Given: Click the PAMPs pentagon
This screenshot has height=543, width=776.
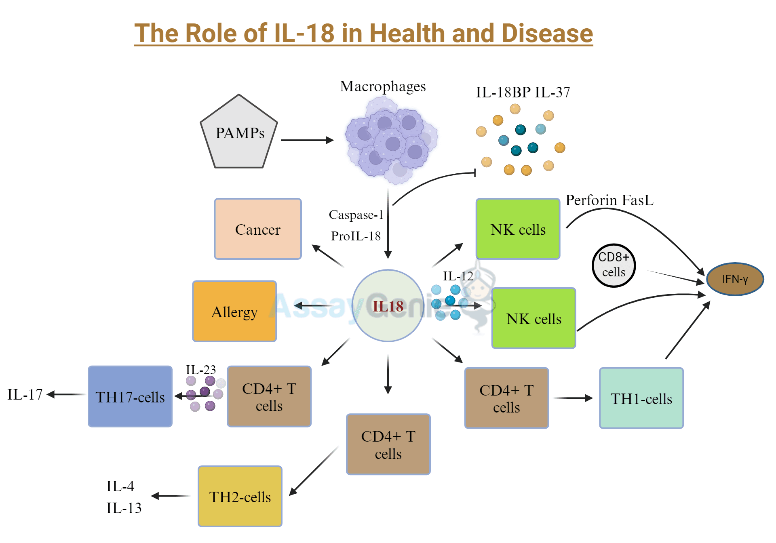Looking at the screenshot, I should coord(239,133).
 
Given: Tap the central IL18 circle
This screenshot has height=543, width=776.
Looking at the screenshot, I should coord(388,306).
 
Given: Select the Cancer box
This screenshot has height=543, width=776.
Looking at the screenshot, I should coord(258,229).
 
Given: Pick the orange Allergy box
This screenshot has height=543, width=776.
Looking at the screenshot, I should coord(234,311).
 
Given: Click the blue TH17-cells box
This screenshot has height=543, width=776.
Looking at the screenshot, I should coord(130,396).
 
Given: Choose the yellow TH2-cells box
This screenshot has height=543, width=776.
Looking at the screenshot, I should coord(240,497).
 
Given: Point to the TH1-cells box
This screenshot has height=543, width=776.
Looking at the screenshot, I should coord(641,398).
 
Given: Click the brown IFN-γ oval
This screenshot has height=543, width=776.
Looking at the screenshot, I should coord(735,279).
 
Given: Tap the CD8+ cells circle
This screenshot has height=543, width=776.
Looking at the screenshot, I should coord(614,265).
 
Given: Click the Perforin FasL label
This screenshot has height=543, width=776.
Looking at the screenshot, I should coord(609,200).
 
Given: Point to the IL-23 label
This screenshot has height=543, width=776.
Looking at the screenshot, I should coord(200,370).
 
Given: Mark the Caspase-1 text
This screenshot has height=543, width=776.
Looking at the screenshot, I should coord(356,215).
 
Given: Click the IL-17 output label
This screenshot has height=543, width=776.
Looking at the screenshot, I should coord(25,395).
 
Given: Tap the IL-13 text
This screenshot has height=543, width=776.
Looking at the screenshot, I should coord(124,508).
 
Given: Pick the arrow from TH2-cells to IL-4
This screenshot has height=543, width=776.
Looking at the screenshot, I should coord(171,496).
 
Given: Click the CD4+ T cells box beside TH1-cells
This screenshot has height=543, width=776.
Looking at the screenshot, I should coord(506,398).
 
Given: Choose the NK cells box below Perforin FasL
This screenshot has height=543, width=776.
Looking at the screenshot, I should coord(518,229).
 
